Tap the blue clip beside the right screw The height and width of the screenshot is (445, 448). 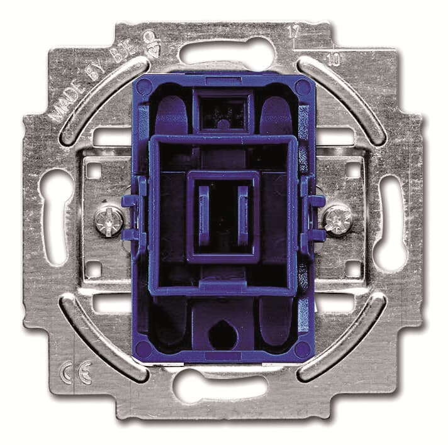coord(313,217)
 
